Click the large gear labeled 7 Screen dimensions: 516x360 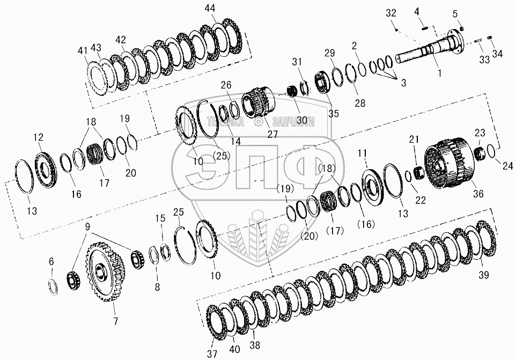pos(105,271)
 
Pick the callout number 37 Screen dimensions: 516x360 pos(212,354)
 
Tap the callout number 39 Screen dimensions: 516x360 pos(483,275)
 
